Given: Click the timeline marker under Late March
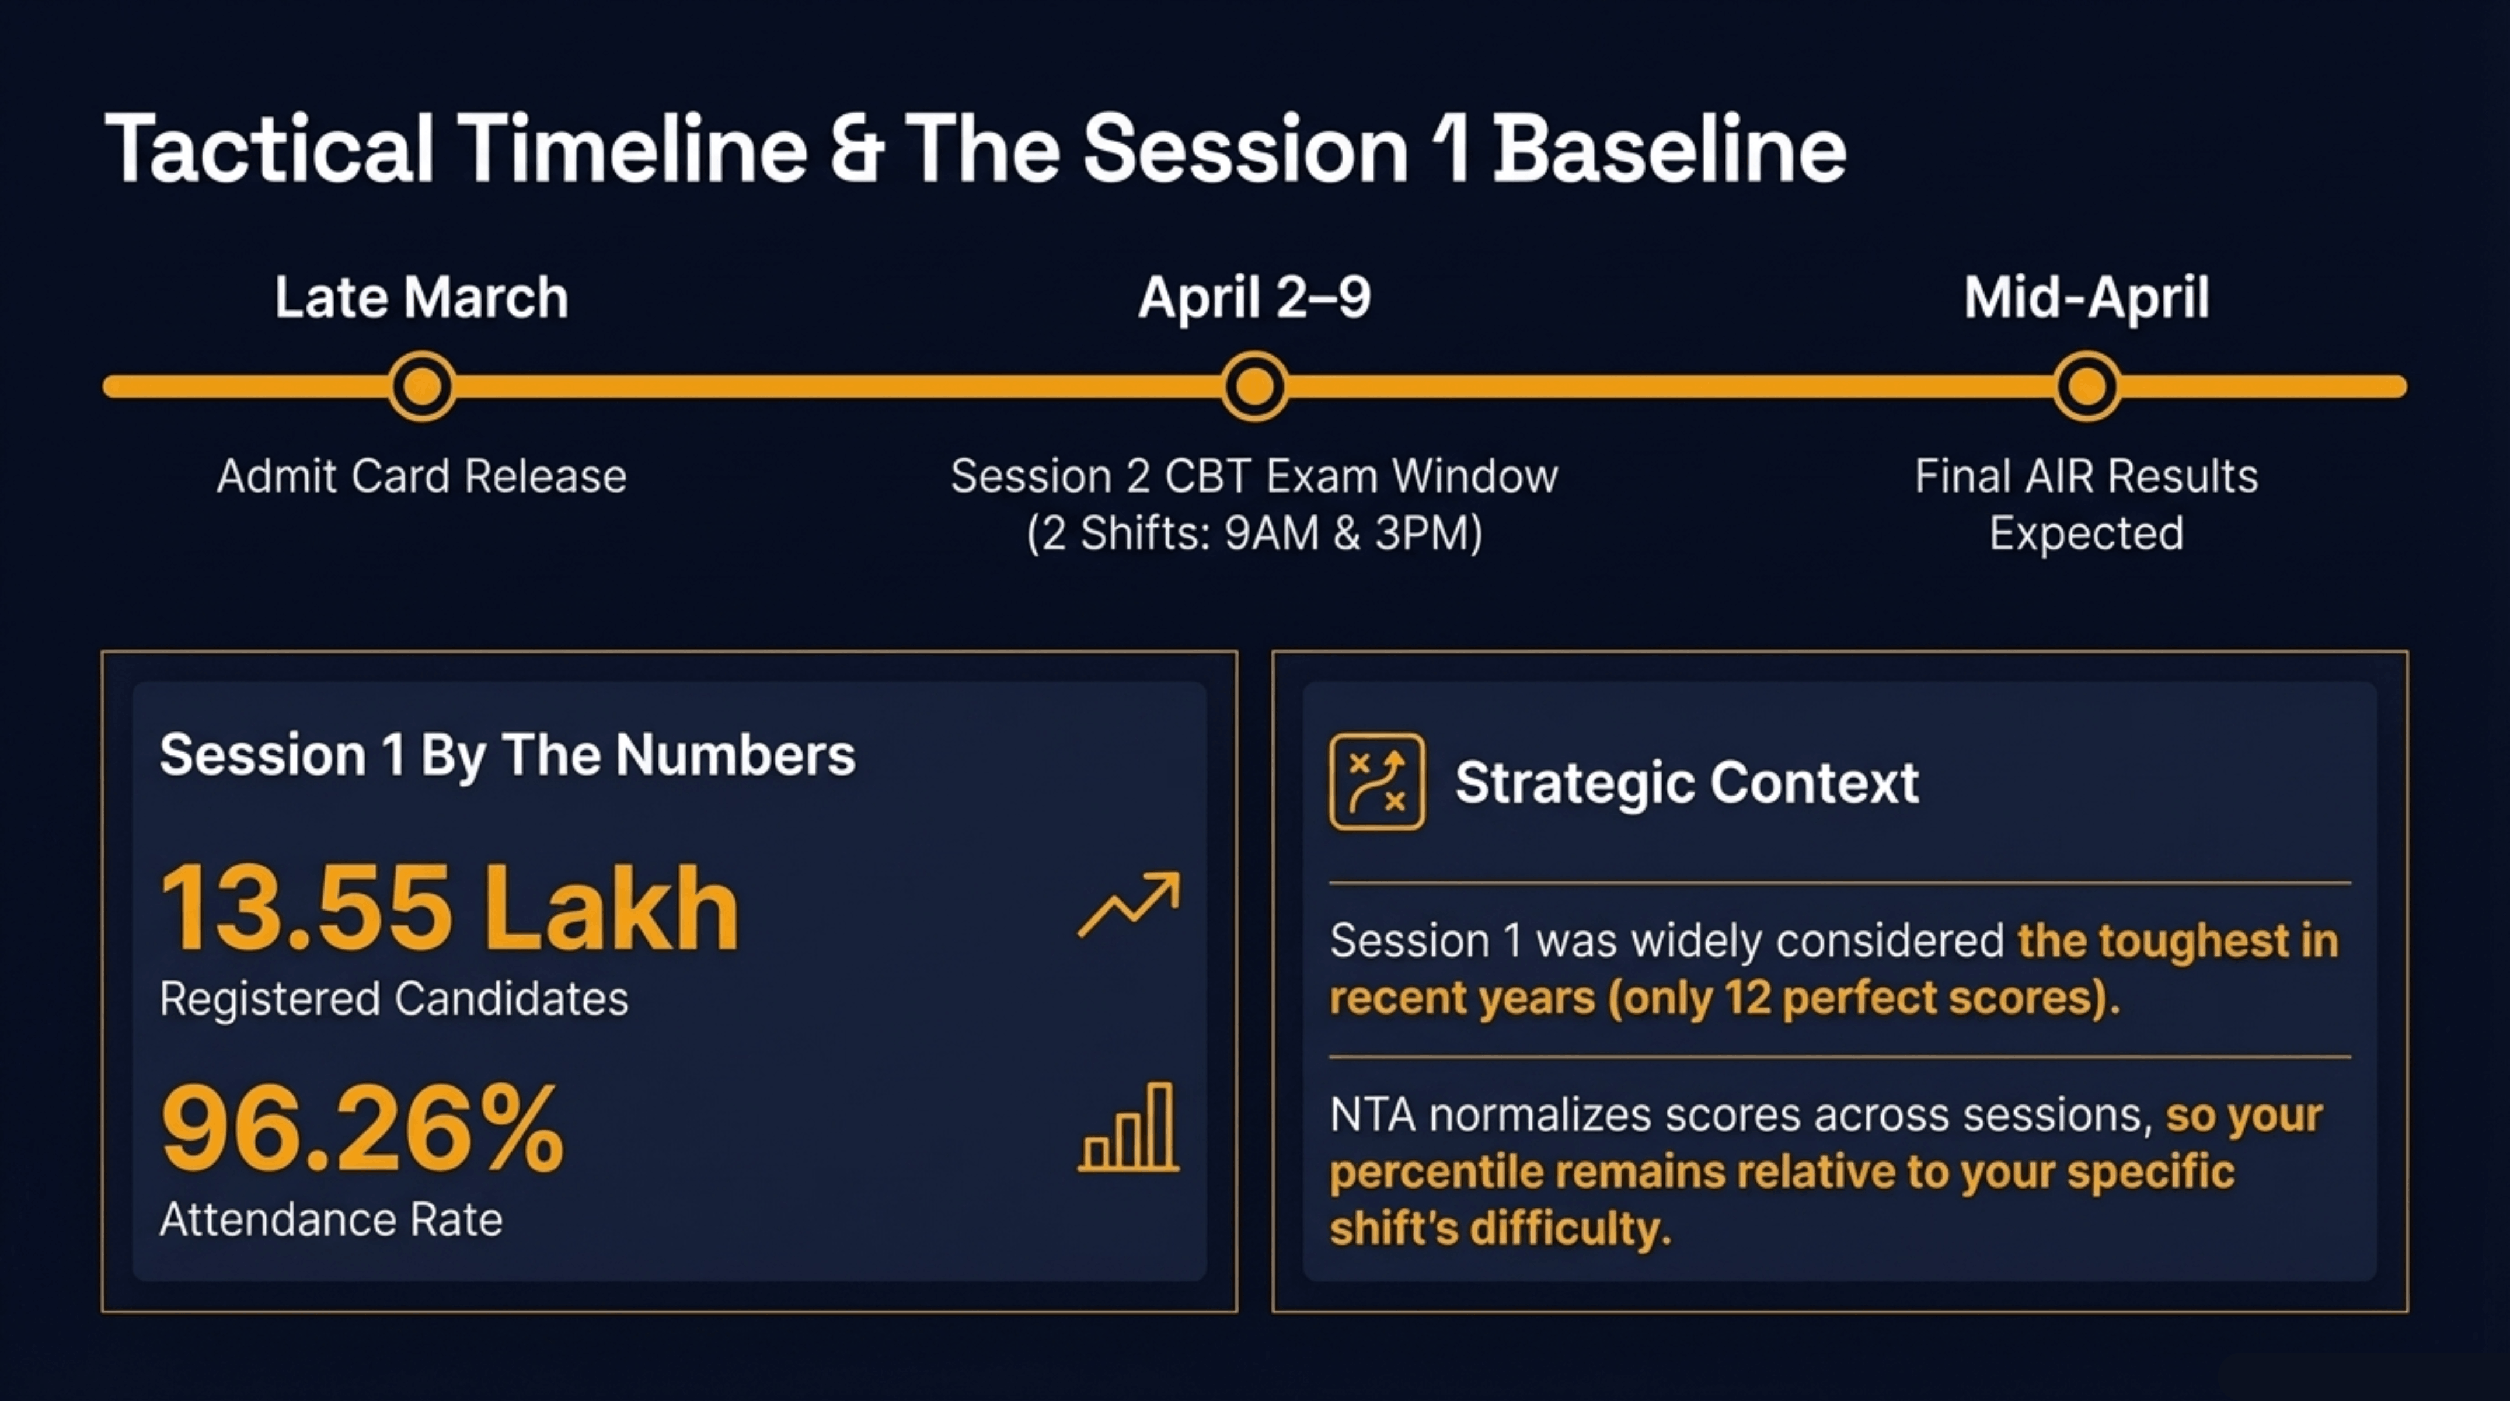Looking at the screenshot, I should [422, 387].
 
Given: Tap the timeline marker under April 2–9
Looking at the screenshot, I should [1254, 387].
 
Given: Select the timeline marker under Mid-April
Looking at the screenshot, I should [2086, 387].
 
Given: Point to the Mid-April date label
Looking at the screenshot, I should [2086, 297].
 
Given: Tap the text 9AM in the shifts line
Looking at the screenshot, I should [1271, 534].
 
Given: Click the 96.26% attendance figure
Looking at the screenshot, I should [362, 1130].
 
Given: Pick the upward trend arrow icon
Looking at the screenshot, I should [1128, 906].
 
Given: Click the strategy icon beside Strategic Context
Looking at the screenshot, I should [1376, 782].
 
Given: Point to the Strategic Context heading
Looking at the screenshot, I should [1686, 782].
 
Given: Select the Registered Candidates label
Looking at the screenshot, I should [393, 999].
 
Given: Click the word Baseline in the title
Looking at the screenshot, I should [1669, 149].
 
